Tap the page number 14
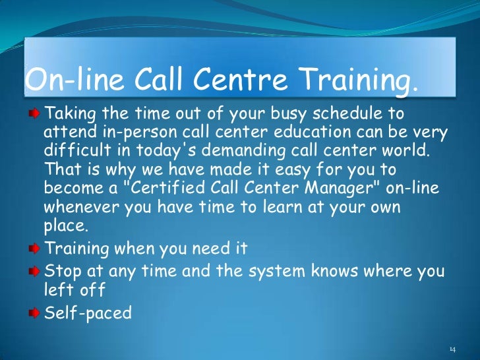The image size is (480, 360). click(x=452, y=348)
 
